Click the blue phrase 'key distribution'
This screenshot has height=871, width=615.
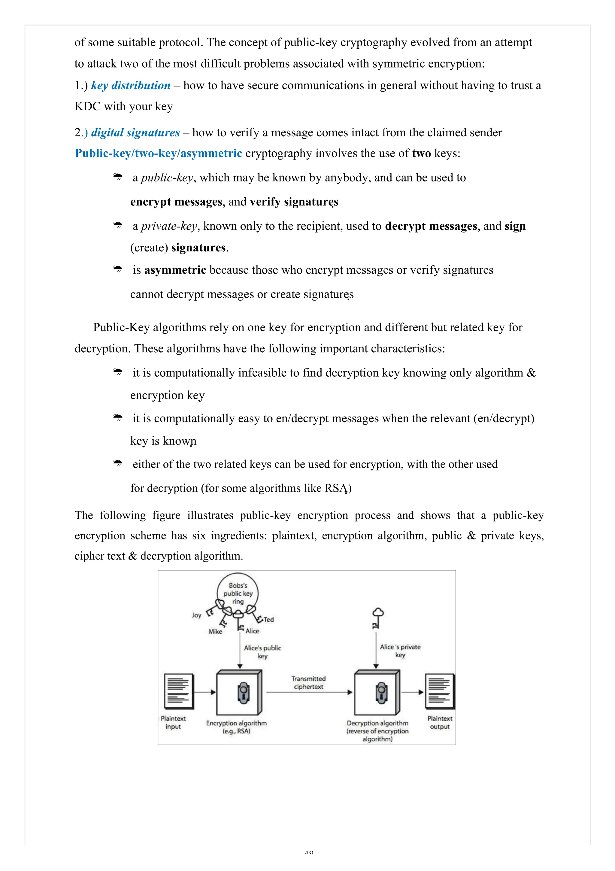[131, 85]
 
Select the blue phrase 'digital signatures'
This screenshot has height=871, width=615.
[135, 132]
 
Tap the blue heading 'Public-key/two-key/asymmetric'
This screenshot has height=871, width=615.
[158, 153]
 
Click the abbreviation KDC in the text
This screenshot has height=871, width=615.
[87, 107]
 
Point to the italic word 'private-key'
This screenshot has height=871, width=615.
[169, 226]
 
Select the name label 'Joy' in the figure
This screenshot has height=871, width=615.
[196, 615]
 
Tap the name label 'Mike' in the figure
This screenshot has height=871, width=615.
[215, 632]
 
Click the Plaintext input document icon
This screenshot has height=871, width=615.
[179, 691]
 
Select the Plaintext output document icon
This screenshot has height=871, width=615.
[440, 691]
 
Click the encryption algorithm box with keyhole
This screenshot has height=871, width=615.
[239, 692]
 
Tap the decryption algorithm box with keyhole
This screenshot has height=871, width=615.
[377, 692]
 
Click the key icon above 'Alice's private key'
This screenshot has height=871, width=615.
[377, 618]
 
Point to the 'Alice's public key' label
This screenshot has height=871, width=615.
[262, 652]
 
